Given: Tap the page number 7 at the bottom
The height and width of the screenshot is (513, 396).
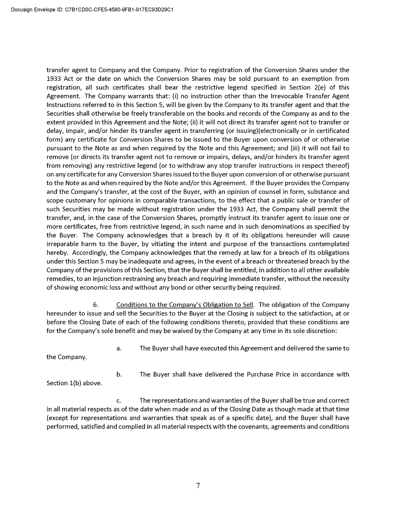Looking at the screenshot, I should coord(198,486).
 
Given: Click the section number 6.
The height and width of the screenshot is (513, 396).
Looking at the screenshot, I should coord(95,305).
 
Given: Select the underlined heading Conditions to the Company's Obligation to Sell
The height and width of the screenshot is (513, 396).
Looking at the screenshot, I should coord(185,305).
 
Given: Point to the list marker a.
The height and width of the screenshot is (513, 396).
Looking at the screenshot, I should coord(118,348).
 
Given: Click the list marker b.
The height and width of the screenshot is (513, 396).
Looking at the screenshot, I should coord(119,375).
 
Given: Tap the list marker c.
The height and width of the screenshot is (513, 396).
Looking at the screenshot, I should coord(118,401).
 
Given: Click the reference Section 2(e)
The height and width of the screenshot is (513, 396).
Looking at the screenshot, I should coord(309,87).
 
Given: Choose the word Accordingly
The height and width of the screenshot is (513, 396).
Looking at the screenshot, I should coord(91,253).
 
